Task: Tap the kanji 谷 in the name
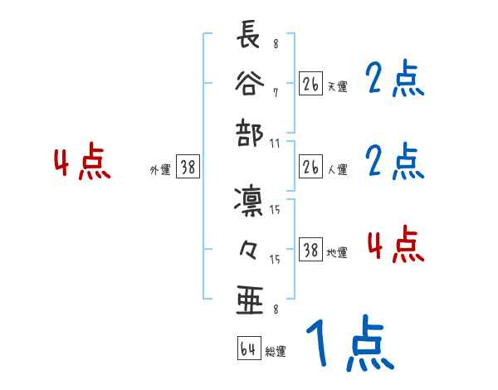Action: tap(248, 84)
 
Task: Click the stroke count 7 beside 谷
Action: tap(275, 92)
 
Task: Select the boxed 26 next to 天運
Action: tap(310, 85)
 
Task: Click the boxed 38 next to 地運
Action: tap(310, 251)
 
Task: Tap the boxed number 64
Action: tap(248, 349)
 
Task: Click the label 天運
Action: tap(337, 86)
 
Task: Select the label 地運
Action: tap(337, 252)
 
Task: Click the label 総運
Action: tap(276, 352)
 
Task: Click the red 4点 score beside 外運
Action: tap(81, 163)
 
